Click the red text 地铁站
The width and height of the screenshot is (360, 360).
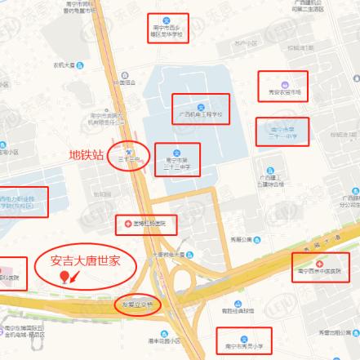click(87, 153)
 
